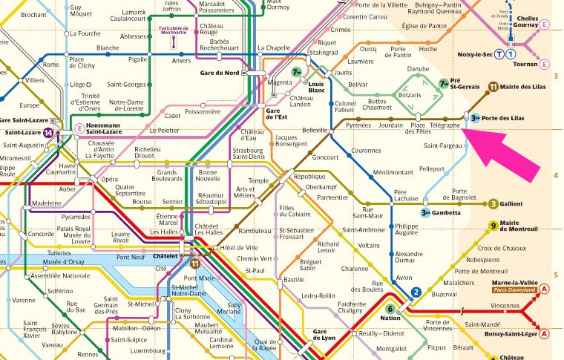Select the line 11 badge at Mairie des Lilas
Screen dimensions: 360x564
point(493,87)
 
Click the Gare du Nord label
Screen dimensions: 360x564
point(220,72)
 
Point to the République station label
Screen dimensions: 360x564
point(309,178)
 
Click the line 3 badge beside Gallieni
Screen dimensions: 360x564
point(493,203)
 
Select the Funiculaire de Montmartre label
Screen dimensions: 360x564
point(173,29)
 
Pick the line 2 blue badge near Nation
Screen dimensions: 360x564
point(416,291)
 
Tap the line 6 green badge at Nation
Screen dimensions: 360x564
point(390,310)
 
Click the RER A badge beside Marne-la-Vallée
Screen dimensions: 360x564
point(544,288)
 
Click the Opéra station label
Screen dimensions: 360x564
point(109,180)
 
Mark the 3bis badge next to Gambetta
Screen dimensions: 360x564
point(426,212)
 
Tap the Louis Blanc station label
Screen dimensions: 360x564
point(317,88)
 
